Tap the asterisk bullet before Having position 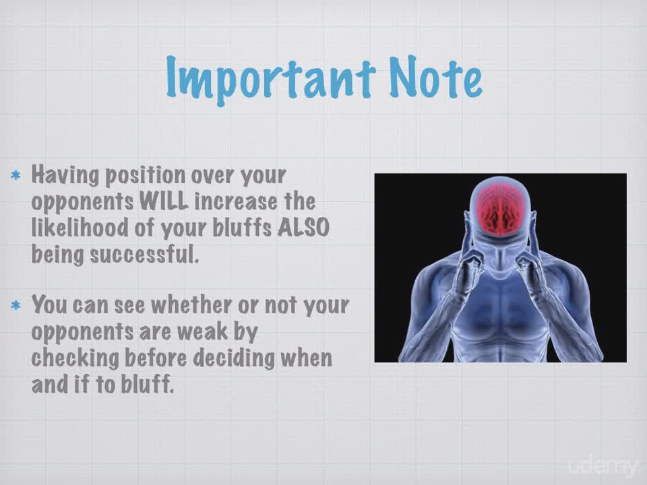pos(16,176)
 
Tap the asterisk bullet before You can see pos(16,306)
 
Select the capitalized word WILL pos(164,201)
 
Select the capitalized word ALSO pos(304,227)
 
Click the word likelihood pos(80,227)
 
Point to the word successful pos(145,254)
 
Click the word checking pos(75,358)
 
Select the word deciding pos(234,358)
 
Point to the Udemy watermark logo pos(603,465)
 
